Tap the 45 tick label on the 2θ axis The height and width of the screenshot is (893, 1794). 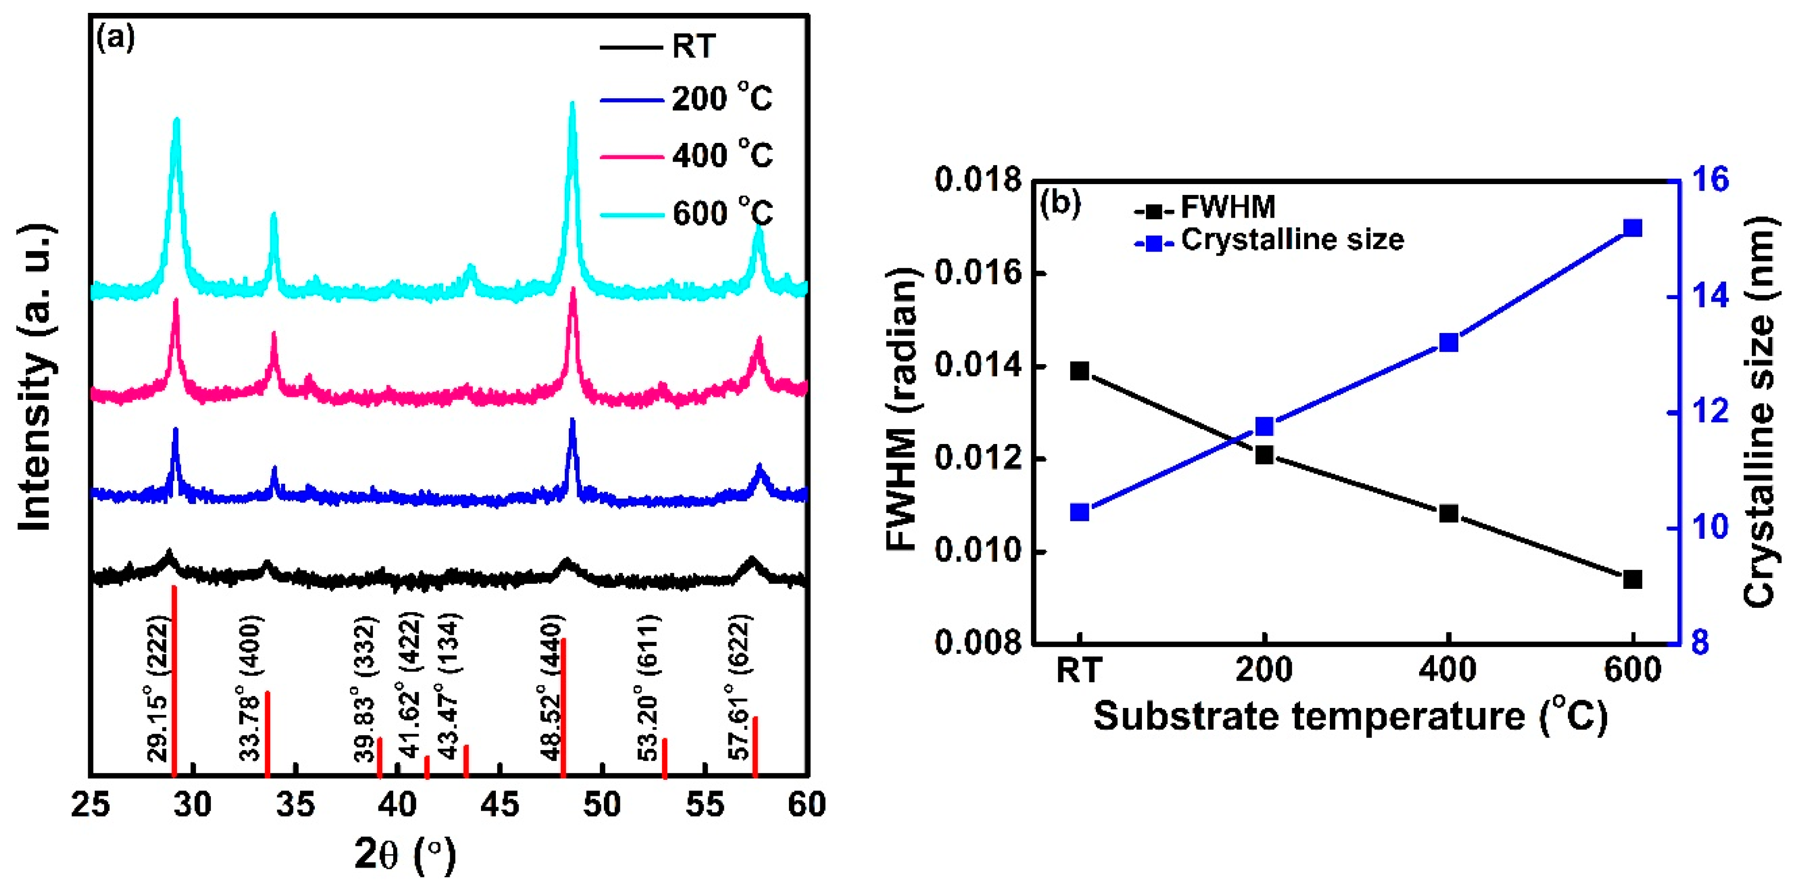499,805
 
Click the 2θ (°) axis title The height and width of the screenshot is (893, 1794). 405,854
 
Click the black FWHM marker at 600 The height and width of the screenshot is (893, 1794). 1632,579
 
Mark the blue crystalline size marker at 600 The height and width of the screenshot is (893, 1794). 1632,229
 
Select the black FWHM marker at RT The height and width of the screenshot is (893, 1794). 1079,371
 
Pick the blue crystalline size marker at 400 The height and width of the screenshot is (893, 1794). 1448,343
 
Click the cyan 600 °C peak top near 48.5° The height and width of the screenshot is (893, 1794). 573,105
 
